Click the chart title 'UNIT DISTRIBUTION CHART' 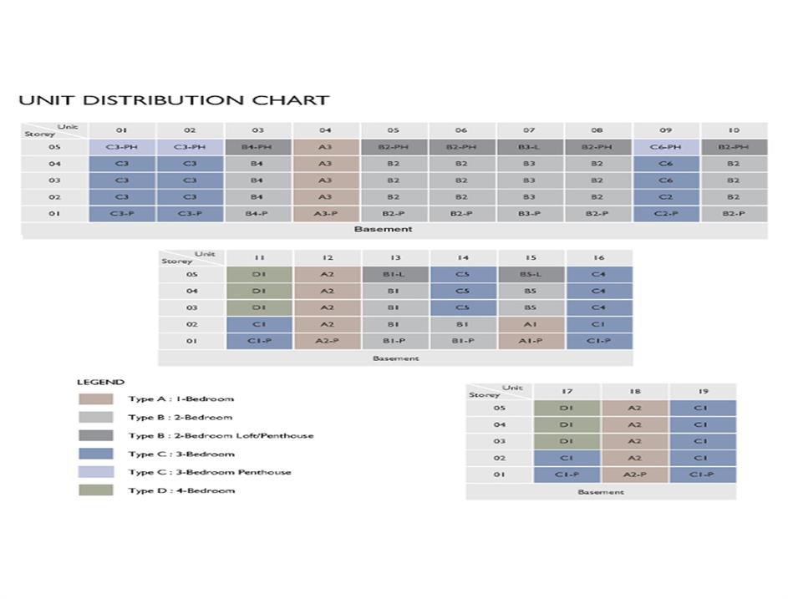tap(174, 100)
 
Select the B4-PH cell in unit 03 tap(258, 147)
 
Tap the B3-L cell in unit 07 tap(529, 147)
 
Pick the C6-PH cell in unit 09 tap(666, 147)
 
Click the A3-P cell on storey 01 tap(326, 214)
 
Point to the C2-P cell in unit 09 tap(666, 214)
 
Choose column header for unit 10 tap(734, 130)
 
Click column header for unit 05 tap(394, 130)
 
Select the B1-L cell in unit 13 tap(394, 275)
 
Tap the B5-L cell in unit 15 tap(531, 275)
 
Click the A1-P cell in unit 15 tap(531, 342)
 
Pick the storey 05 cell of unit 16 tap(598, 275)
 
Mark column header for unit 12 tap(327, 258)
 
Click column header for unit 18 tap(634, 391)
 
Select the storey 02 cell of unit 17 tap(567, 458)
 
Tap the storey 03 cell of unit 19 tap(702, 441)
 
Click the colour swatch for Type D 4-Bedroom tap(95, 490)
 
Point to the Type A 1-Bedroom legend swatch tap(95, 399)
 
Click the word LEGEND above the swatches tap(100, 383)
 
